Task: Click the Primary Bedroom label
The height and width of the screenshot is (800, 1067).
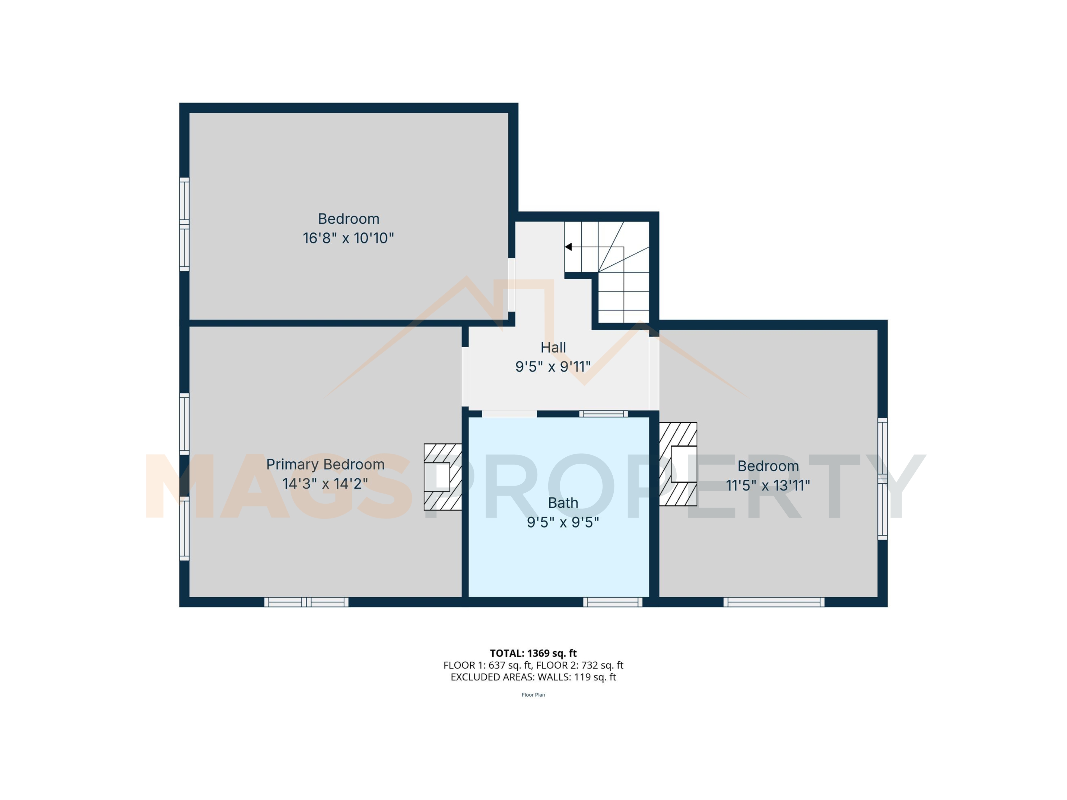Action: [325, 464]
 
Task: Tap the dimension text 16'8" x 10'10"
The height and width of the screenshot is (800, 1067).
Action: [348, 238]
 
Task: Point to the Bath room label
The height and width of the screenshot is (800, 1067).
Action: [563, 503]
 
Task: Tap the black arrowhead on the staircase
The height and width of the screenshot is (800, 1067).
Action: [568, 247]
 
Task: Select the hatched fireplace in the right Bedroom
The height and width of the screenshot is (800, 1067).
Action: [678, 464]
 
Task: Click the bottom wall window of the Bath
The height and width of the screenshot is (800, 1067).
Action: [613, 602]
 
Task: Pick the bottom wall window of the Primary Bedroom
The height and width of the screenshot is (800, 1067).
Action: [306, 602]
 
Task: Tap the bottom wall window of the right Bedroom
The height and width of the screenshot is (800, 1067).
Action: [774, 602]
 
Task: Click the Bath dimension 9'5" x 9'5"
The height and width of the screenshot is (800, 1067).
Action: [563, 522]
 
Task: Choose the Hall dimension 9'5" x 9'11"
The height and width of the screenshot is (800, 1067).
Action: [553, 367]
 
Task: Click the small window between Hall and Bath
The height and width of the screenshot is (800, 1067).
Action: [603, 414]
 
